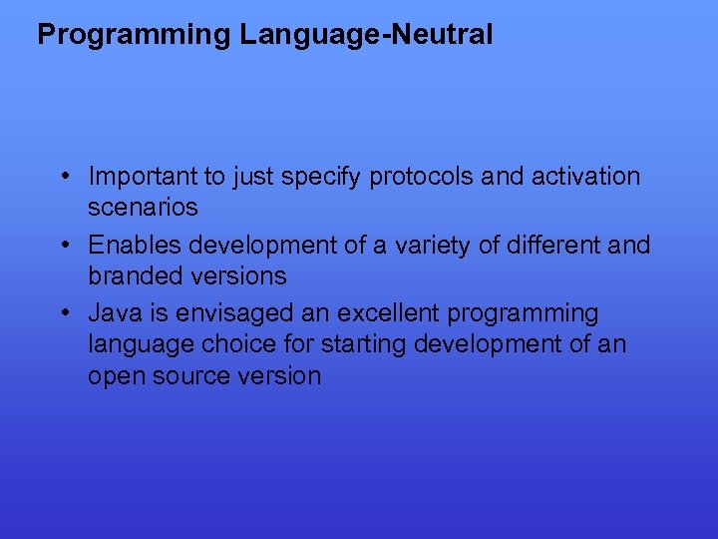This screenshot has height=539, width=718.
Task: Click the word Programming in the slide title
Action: [x=134, y=36]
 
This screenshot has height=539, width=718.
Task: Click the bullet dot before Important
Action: [x=63, y=177]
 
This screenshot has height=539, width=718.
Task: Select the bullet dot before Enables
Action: [x=63, y=245]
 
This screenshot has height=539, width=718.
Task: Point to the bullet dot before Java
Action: [x=63, y=312]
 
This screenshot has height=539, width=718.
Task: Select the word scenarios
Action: [x=143, y=208]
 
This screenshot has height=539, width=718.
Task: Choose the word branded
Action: [x=130, y=275]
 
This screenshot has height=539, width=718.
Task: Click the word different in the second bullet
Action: [x=548, y=245]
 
